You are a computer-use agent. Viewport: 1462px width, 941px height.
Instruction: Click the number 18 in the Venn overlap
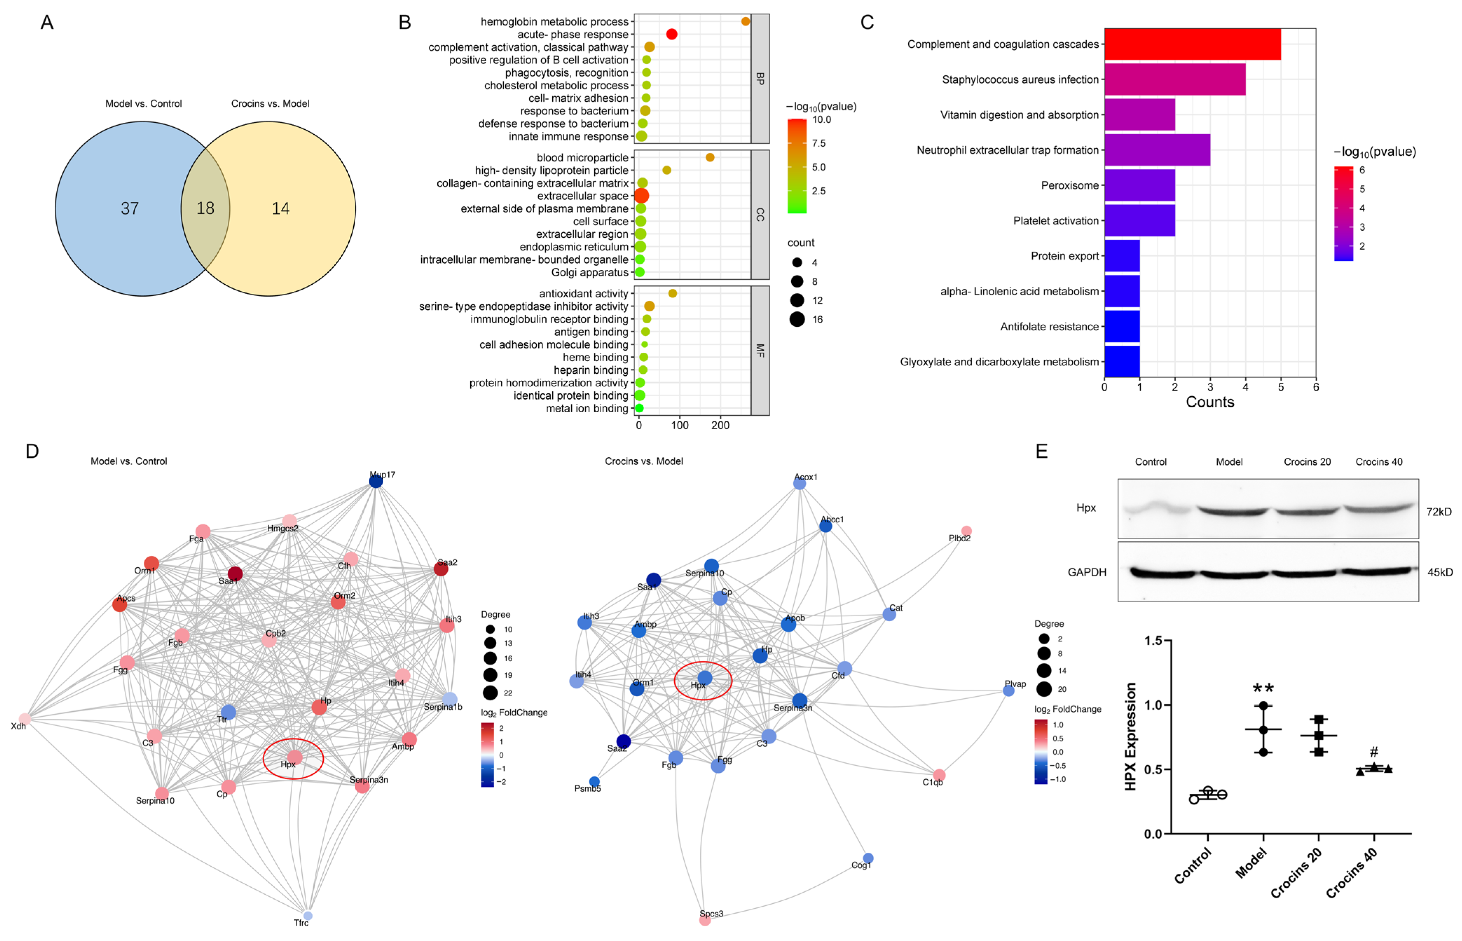(205, 208)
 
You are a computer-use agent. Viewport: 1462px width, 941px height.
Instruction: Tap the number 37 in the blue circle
(129, 208)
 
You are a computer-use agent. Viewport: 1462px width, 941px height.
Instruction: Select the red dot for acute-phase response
(671, 34)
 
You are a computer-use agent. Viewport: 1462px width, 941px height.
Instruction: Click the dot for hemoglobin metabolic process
(745, 21)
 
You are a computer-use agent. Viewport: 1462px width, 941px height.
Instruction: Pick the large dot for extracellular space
(641, 196)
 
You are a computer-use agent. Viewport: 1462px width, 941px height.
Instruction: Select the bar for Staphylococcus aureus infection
(1174, 80)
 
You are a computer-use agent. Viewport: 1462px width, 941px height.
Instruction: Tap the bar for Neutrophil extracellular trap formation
(1157, 150)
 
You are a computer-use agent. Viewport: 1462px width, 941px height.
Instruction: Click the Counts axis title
(1209, 402)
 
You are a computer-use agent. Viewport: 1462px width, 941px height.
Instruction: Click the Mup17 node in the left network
(376, 481)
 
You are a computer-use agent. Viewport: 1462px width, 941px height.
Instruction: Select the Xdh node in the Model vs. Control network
(25, 719)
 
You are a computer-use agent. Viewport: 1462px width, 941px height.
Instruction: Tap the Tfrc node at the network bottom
(308, 915)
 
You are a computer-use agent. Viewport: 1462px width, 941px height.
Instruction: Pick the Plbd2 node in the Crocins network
(966, 531)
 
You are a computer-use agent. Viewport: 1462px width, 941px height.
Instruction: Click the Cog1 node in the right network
(868, 858)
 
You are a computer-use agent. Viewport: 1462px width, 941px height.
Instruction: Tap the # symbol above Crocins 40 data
(1373, 752)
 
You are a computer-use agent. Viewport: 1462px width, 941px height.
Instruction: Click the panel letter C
(867, 22)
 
